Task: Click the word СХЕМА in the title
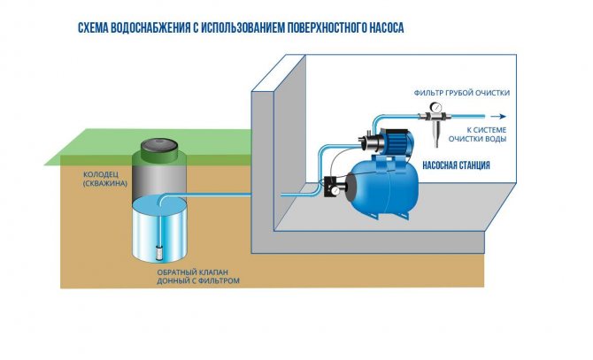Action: point(93,28)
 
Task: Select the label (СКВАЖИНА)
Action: point(105,184)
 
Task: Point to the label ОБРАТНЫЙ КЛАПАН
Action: point(192,272)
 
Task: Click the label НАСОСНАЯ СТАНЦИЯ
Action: point(456,165)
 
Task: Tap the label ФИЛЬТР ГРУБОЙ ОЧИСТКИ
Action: point(461,93)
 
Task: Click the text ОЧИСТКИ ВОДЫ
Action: point(477,139)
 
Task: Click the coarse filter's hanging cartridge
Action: point(437,134)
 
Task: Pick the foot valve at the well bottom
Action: point(159,251)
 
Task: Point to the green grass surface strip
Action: point(148,148)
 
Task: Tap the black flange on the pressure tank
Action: point(351,186)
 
